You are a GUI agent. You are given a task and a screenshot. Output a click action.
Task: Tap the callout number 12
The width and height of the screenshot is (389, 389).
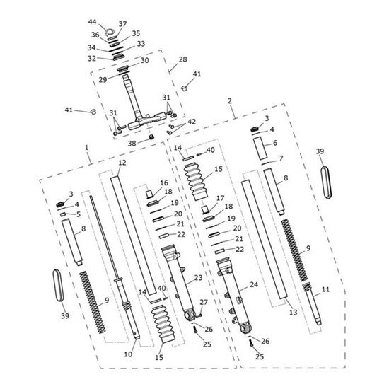click(122, 163)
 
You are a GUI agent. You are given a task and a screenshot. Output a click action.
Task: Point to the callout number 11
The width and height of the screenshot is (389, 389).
click(325, 290)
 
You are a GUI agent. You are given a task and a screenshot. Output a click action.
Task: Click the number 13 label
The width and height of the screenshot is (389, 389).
click(291, 311)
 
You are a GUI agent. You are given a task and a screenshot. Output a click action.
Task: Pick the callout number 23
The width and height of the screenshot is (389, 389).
click(198, 278)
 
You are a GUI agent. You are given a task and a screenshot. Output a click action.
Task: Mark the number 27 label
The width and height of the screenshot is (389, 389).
click(204, 303)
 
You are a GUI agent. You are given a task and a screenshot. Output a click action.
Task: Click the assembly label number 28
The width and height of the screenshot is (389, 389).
click(182, 59)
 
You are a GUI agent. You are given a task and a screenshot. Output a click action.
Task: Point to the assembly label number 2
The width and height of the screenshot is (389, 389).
click(230, 102)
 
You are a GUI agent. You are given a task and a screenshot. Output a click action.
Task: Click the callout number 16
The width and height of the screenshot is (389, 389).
click(164, 182)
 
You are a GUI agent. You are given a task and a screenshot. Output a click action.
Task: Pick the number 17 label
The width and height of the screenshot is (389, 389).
click(220, 199)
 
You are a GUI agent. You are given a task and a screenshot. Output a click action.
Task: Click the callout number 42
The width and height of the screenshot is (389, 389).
click(192, 122)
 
